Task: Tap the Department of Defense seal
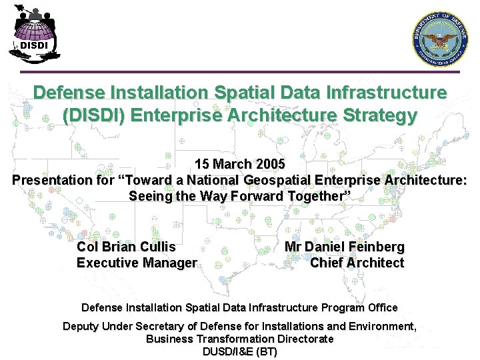(441, 39)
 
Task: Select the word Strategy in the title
(379, 115)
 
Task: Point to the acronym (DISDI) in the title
(93, 115)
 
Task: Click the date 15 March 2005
(239, 164)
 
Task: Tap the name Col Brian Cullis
(126, 247)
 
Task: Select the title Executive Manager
(137, 263)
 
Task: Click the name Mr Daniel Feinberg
(344, 247)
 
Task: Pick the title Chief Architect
(357, 263)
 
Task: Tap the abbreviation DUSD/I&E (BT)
(239, 351)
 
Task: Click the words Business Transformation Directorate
(239, 339)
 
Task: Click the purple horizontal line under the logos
(239, 72)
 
